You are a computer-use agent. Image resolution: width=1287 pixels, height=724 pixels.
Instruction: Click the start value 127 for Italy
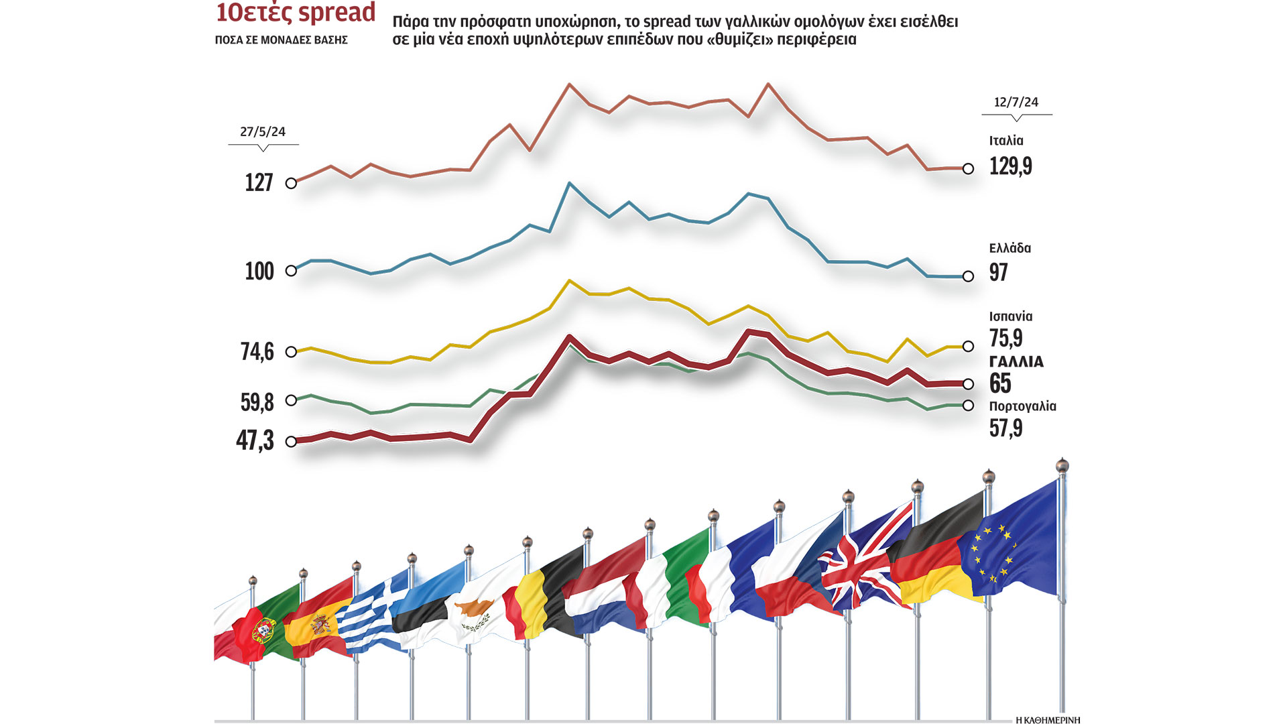(259, 182)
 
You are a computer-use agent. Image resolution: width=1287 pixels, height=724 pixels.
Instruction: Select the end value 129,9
(1010, 166)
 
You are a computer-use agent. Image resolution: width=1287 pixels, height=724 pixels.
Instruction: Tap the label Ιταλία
(1006, 141)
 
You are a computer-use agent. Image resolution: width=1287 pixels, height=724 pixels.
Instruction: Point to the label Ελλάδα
(1009, 248)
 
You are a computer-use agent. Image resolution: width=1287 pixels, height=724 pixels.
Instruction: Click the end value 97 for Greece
(998, 272)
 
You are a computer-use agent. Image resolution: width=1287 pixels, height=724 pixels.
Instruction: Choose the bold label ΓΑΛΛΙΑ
(1016, 362)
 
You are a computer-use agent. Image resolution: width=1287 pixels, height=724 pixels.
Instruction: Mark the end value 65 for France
(1000, 383)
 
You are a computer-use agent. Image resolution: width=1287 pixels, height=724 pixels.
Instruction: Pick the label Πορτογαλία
(1022, 406)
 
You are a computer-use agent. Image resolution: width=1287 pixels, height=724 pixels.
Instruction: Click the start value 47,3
(255, 440)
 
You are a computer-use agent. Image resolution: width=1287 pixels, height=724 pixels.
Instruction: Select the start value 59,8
(257, 402)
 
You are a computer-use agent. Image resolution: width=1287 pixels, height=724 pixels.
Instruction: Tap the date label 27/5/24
(263, 132)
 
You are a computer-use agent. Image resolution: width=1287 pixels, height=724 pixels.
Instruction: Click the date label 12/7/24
(1016, 103)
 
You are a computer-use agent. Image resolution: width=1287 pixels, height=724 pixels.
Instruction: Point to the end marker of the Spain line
(968, 347)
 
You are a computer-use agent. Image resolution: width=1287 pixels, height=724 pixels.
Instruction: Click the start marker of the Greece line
(291, 271)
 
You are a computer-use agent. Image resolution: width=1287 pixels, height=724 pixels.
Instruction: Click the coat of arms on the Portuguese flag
(264, 629)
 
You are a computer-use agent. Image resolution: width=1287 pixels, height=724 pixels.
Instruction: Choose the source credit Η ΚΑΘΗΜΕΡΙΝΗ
(1048, 720)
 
